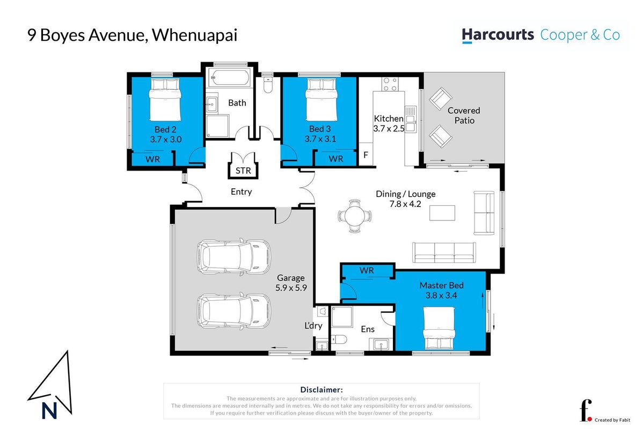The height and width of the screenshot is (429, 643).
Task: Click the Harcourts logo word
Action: [x=498, y=35]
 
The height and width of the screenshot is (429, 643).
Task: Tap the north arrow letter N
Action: [x=49, y=411]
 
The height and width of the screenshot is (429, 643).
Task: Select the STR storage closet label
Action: [x=243, y=171]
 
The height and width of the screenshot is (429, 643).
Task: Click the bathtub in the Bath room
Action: [x=229, y=77]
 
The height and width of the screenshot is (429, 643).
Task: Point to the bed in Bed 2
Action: [x=165, y=99]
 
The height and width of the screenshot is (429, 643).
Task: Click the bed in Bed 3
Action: [x=321, y=99]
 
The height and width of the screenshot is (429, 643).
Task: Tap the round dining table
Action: [x=355, y=216]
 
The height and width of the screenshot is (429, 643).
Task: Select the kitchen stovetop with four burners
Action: [x=390, y=84]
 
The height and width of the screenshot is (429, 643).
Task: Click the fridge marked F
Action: [x=366, y=156]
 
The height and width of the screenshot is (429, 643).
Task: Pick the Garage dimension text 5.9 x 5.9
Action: [x=291, y=287]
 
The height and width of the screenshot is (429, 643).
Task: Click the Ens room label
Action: [x=368, y=329]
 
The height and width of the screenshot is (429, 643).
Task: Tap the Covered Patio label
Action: [x=464, y=115]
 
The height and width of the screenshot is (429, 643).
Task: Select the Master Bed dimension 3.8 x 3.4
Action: [x=441, y=295]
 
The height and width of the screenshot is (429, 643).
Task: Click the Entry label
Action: [x=241, y=192]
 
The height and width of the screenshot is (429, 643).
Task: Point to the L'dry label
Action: [x=313, y=326]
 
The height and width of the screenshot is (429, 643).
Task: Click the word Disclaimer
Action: [x=321, y=390]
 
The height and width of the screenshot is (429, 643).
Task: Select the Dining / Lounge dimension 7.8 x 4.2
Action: [x=405, y=204]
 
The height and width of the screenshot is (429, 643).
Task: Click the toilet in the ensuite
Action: [x=339, y=339]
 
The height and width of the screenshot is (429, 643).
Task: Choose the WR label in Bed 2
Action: [x=152, y=159]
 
